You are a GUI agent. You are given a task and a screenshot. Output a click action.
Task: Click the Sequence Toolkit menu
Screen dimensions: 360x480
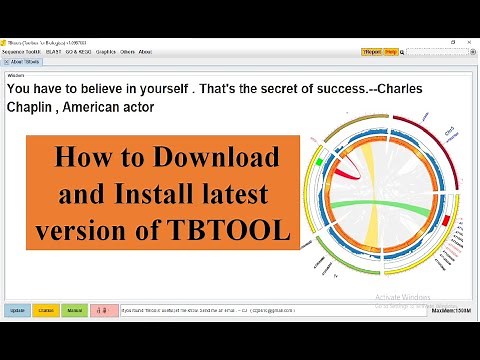point(23,51)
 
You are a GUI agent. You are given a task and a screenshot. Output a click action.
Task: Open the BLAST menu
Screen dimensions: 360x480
point(55,51)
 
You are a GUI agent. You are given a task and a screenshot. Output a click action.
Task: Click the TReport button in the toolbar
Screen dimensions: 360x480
point(371,51)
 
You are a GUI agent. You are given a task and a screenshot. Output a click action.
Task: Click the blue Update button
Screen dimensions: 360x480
point(18,311)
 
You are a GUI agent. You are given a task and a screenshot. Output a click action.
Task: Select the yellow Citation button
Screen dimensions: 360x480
point(45,311)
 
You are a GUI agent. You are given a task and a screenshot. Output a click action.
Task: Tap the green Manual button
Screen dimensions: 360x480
point(74,311)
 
